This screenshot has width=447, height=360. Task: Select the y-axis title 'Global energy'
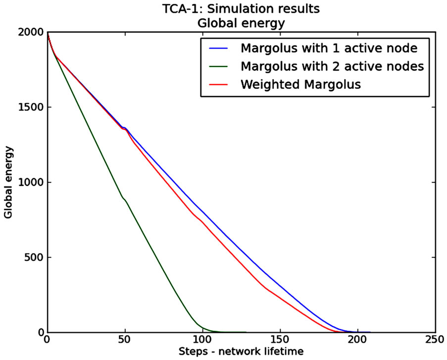(x=8, y=182)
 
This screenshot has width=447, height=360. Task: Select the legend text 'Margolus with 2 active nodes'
(x=332, y=66)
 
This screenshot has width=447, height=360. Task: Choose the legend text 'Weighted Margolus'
(x=300, y=84)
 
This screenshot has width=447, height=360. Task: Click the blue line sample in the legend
(x=218, y=49)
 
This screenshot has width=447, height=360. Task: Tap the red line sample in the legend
(x=218, y=85)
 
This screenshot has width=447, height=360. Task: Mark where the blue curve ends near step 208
(x=369, y=332)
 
